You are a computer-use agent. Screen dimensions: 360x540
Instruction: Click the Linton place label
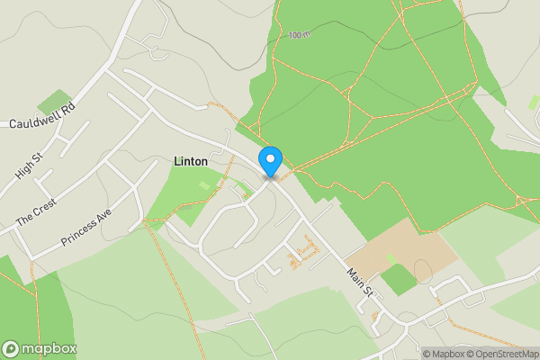190,161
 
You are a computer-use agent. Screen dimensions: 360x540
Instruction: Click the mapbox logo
40,348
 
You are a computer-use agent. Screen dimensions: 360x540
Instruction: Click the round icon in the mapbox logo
12,348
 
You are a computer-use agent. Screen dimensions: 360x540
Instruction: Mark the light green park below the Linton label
193,193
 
